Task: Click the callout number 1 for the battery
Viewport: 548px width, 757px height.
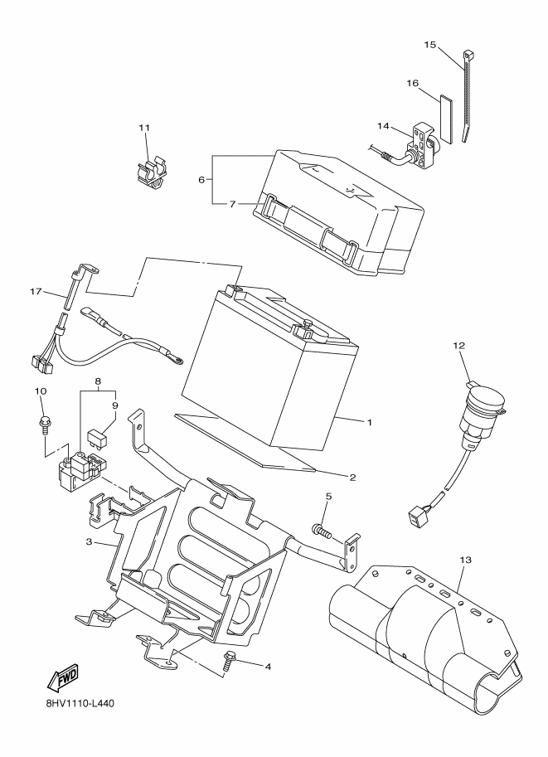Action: [x=370, y=422]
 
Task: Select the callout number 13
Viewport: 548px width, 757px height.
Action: [x=466, y=560]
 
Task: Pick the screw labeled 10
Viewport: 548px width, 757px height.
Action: [x=44, y=424]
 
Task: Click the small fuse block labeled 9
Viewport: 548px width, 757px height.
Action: [x=95, y=438]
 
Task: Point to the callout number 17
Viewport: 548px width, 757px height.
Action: [x=36, y=292]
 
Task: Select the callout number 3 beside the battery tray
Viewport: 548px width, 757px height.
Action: [x=89, y=541]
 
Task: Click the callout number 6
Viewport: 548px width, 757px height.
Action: [x=201, y=180]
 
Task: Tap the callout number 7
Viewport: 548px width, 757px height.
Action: [x=232, y=204]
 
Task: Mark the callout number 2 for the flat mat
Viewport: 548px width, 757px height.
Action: [x=352, y=478]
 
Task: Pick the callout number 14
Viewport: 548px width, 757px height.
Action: [x=383, y=126]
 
